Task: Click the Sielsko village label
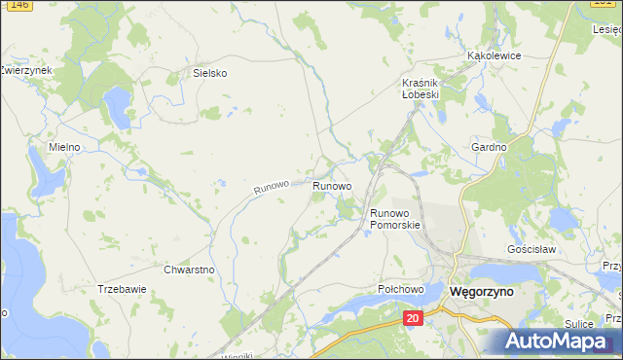click(209, 72)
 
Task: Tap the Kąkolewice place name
click(494, 55)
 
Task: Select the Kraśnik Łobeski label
click(421, 89)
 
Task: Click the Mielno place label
click(66, 147)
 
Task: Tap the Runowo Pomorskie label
click(395, 218)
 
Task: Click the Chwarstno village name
click(189, 270)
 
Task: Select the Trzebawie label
click(122, 289)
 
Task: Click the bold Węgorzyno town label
click(482, 291)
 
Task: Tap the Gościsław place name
click(531, 249)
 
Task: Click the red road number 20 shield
click(413, 318)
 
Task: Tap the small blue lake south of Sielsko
click(117, 104)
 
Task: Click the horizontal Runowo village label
click(332, 185)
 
